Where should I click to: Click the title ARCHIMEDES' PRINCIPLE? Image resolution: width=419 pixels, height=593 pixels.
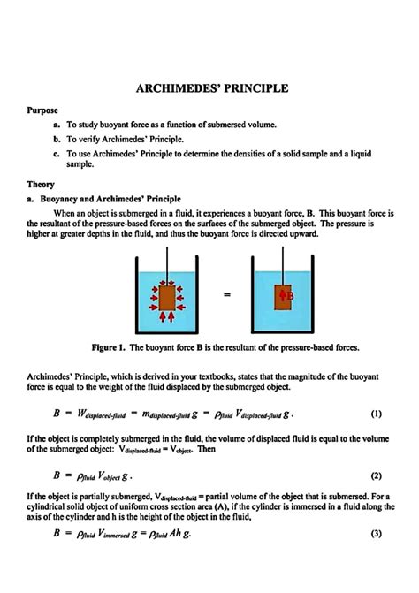coord(210,89)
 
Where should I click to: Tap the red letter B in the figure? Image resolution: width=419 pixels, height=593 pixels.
coord(289,296)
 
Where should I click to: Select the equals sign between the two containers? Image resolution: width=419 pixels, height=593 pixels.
coord(227,295)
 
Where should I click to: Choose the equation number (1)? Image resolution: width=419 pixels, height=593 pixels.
coord(376,414)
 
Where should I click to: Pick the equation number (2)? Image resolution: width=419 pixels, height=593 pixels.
coord(376,475)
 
